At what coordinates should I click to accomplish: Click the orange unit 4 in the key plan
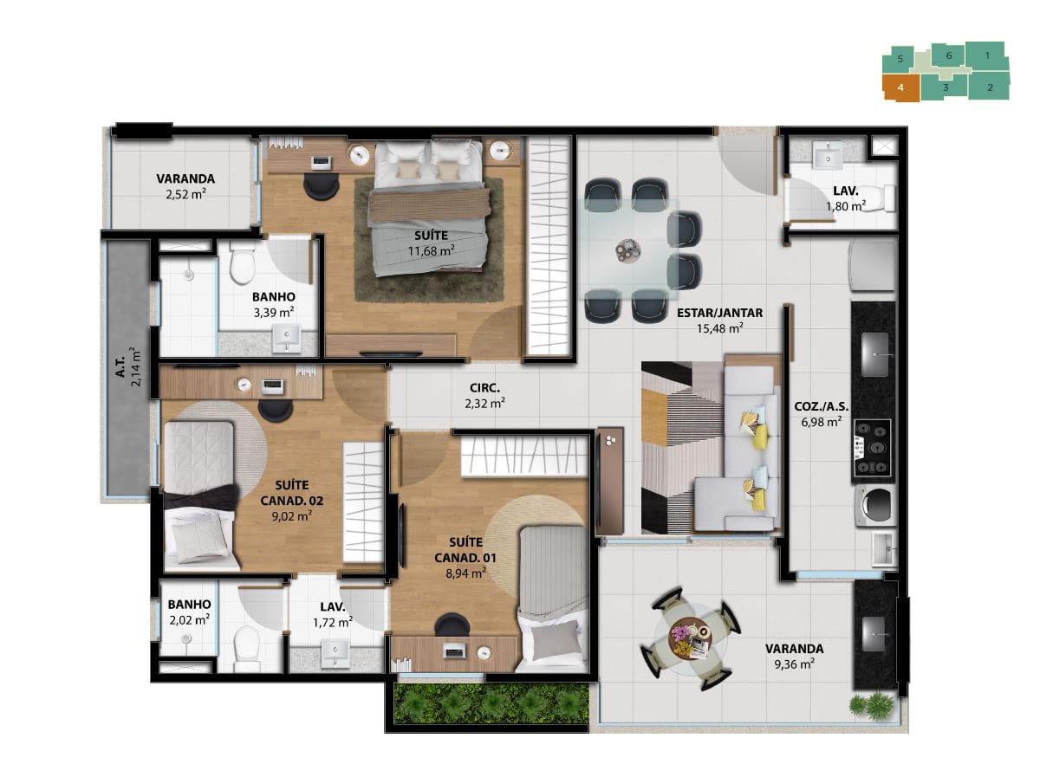[900, 87]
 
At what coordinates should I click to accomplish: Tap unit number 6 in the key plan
[948, 55]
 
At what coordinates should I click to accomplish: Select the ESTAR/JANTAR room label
[719, 313]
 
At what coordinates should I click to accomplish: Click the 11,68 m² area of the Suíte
[431, 250]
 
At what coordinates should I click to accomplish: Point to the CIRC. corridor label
[484, 388]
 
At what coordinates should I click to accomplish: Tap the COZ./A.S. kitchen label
[821, 406]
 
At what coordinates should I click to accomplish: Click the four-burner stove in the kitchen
[872, 448]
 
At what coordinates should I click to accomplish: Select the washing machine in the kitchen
[875, 505]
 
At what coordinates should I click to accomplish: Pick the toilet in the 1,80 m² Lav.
[883, 197]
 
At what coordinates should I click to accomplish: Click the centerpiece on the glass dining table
[628, 249]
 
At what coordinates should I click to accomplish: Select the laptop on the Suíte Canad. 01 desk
[454, 652]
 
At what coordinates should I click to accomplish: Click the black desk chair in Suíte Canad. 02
[276, 411]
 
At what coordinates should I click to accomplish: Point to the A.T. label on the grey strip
[120, 368]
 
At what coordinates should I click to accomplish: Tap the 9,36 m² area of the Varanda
[794, 664]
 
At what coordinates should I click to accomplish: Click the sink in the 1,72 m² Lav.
[335, 652]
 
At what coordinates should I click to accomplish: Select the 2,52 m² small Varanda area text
[185, 194]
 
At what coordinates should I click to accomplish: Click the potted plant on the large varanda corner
[870, 705]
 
